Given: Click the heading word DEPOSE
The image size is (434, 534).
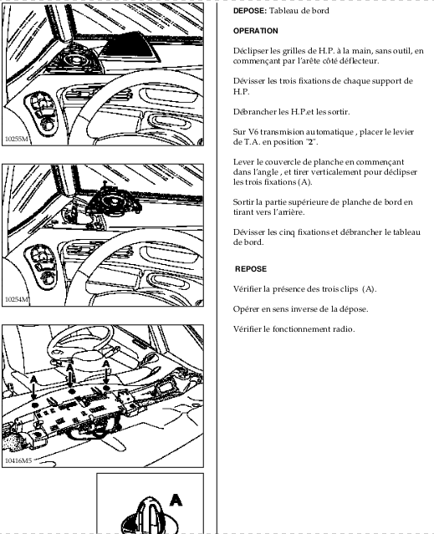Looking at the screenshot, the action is pos(249,11).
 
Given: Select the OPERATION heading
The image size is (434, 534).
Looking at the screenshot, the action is pos(256,31).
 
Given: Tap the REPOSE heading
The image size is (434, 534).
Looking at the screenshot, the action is pos(251,269).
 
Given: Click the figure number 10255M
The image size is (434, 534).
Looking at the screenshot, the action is pos(17,139).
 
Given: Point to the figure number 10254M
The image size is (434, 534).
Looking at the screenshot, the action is pos(17,299).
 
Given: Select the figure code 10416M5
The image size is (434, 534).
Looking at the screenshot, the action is pos(18,460).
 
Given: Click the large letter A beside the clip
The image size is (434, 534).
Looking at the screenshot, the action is pos(176,501).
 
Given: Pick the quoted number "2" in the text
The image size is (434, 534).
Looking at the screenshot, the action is pos(310,142).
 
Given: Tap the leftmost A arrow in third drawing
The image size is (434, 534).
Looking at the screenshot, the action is pos(33,389).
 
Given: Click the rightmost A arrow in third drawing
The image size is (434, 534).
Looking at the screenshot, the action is pos(106,374).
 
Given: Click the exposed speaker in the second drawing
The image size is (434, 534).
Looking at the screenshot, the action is pos(114,201).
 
